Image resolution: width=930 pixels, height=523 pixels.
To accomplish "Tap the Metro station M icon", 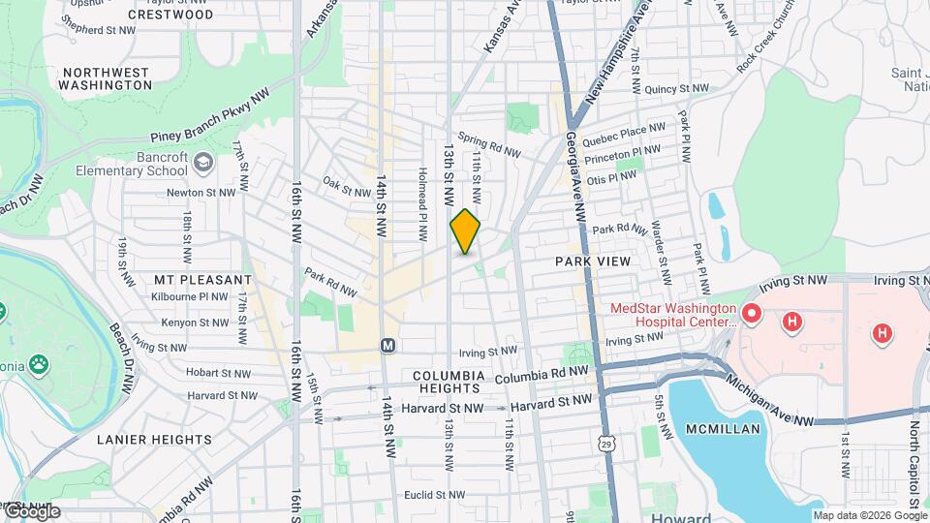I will (387, 345).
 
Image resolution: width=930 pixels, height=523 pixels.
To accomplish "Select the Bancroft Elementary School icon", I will (202, 161).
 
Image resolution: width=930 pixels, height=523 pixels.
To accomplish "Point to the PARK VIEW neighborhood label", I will (593, 261).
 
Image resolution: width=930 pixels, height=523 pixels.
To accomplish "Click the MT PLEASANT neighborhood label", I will (190, 279).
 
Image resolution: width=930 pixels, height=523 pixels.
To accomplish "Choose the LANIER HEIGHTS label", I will (154, 439).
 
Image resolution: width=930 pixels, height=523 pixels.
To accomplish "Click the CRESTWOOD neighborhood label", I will (171, 15).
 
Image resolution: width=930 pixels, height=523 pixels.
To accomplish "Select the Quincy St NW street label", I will (678, 88).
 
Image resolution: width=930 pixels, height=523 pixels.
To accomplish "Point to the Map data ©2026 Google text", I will (869, 515).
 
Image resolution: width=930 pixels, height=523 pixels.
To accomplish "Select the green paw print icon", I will (39, 365).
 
